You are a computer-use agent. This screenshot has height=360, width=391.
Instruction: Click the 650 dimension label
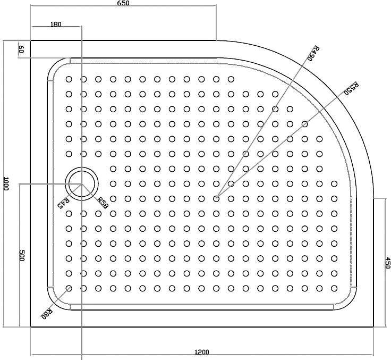[x=123, y=3]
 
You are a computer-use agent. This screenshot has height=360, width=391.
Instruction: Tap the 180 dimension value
[x=56, y=24]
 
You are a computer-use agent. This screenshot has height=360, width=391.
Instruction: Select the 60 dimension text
[x=21, y=49]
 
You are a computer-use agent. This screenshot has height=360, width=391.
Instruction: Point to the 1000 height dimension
[x=6, y=183]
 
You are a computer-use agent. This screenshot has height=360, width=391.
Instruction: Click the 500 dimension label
[x=22, y=255]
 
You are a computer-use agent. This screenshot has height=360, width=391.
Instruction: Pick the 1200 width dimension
[x=201, y=352]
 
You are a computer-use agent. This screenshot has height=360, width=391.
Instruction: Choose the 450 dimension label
[x=387, y=263]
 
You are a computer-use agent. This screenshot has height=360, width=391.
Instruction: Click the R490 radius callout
[x=313, y=53]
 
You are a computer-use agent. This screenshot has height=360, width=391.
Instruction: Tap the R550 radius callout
[x=351, y=88]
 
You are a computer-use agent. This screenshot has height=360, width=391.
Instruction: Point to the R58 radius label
[x=103, y=203]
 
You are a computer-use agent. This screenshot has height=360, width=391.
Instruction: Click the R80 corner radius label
[x=47, y=314]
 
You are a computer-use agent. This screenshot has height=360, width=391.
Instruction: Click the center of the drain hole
[x=81, y=184]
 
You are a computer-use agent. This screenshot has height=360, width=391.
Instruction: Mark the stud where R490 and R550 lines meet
[x=216, y=199]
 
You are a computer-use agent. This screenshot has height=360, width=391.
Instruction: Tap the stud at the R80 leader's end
[x=69, y=288]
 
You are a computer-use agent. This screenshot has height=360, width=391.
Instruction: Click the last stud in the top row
[x=231, y=79]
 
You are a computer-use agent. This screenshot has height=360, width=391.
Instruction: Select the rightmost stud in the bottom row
[x=334, y=288]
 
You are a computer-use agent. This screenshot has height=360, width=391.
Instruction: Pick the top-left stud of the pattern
[x=69, y=79]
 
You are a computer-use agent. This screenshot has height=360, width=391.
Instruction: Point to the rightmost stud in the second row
[x=275, y=94]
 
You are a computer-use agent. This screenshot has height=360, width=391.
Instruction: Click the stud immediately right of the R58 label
[x=113, y=199]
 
